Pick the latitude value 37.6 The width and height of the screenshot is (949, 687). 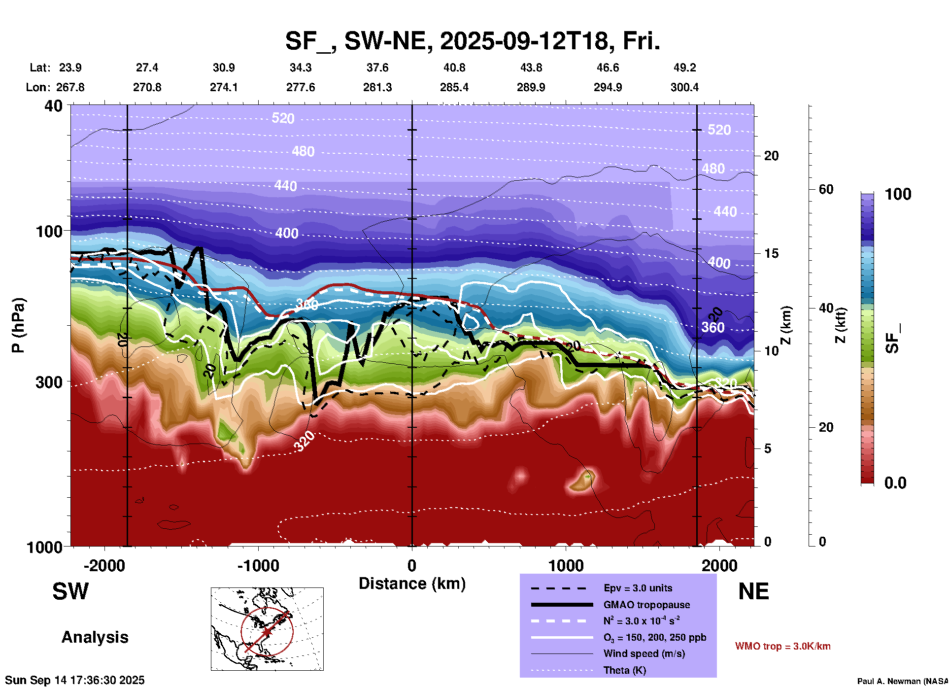tap(377, 68)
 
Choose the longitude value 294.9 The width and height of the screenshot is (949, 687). tap(608, 87)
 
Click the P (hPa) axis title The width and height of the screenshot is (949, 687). tap(18, 325)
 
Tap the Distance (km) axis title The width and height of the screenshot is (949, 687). tap(412, 584)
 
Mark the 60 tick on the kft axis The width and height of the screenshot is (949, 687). tap(826, 189)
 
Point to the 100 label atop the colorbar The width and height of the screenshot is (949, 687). tap(898, 194)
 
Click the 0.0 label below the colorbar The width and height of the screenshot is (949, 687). tap(895, 483)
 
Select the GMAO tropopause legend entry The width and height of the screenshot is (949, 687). tap(646, 605)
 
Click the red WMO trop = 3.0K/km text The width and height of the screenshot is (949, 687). tap(782, 646)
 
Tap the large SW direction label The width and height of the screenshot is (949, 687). tap(70, 591)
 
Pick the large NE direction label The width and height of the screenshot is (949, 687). tap(753, 591)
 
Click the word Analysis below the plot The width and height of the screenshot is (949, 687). tap(95, 637)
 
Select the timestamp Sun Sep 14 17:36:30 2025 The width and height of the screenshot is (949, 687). tap(75, 680)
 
